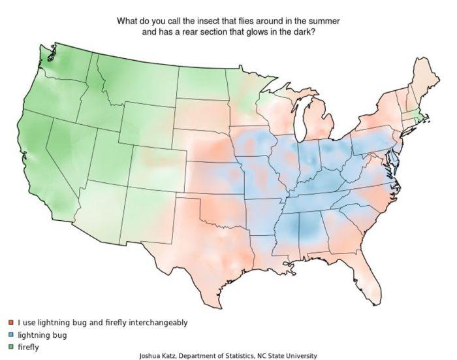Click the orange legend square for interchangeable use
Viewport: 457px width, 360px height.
[x=12, y=323]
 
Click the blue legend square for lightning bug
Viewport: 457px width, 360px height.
[x=12, y=335]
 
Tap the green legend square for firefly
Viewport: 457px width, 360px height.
[x=12, y=347]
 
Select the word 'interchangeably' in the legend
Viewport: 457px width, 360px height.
[x=157, y=323]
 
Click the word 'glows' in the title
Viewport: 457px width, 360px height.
[x=259, y=32]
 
